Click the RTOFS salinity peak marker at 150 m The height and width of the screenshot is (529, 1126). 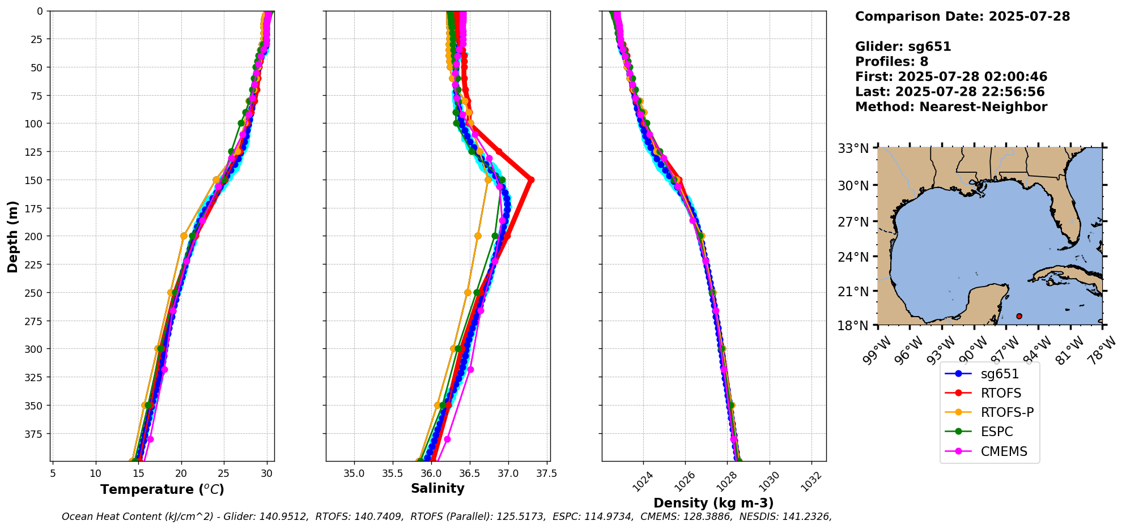tap(531, 180)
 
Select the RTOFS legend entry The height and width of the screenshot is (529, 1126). tap(1001, 393)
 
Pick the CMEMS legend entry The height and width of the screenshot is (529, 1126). tap(1004, 451)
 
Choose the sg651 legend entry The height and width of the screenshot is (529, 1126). tap(1000, 374)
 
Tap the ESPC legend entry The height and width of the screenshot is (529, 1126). tap(996, 432)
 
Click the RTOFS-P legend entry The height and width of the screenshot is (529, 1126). tap(1006, 412)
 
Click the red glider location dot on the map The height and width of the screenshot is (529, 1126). tap(1019, 316)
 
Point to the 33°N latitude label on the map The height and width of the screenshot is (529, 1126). tap(853, 148)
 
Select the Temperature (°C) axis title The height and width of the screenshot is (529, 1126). tap(162, 489)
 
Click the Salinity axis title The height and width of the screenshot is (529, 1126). tap(437, 489)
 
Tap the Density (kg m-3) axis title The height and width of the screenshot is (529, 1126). tap(713, 503)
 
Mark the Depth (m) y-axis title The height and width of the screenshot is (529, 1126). tap(12, 236)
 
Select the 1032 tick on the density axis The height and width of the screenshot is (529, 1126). tap(810, 481)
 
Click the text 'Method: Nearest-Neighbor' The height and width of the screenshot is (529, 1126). tap(951, 107)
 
